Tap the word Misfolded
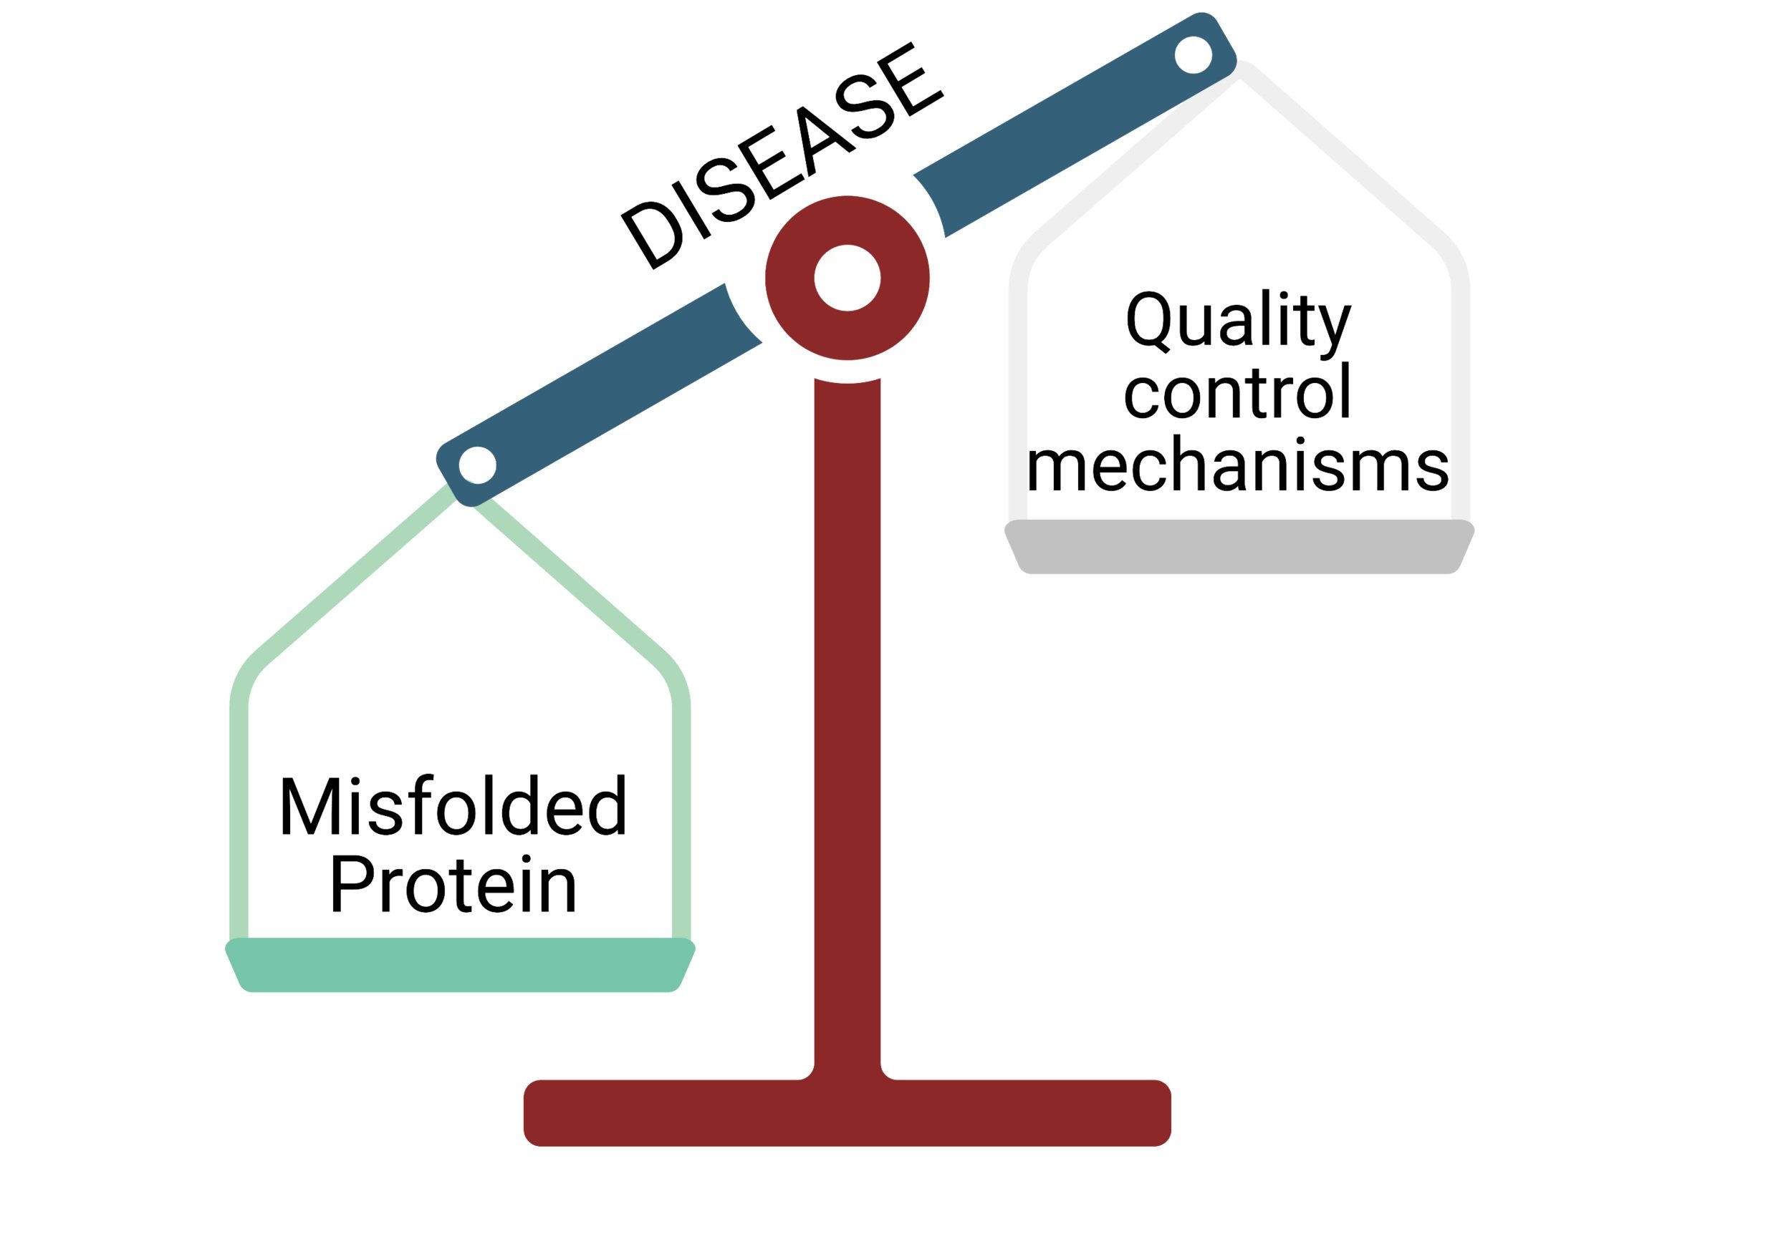point(453,806)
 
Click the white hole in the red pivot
point(847,278)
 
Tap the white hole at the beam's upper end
point(1193,54)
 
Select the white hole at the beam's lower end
point(477,465)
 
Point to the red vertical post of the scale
point(847,702)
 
